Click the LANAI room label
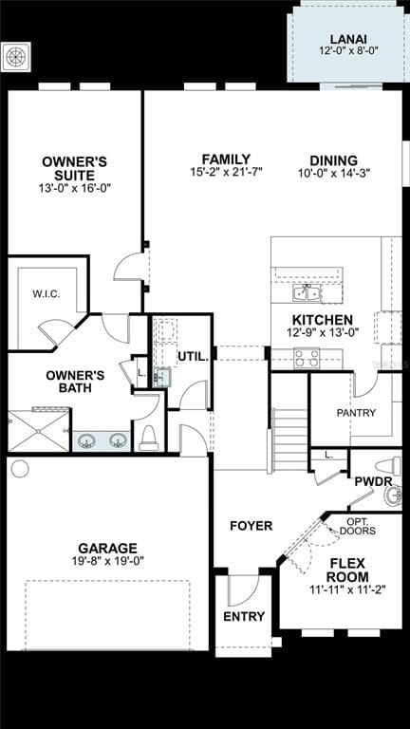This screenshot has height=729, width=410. [x=347, y=39]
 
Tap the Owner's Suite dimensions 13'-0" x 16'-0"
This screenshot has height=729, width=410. [x=75, y=188]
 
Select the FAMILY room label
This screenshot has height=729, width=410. [x=226, y=159]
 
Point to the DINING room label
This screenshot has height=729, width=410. [x=334, y=160]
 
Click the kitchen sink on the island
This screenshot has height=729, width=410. [x=307, y=293]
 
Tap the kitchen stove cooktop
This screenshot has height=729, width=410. [x=307, y=359]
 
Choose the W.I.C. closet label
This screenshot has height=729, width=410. [x=47, y=294]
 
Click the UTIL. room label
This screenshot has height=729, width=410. [x=193, y=357]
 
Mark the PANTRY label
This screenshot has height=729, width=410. [x=357, y=412]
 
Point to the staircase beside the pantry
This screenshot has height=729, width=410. [x=289, y=433]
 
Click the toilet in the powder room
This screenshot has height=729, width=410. [x=388, y=465]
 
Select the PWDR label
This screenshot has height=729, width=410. [x=373, y=481]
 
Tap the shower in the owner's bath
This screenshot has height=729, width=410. [x=39, y=431]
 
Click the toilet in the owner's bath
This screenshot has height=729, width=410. [x=149, y=439]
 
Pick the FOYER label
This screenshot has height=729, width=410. [x=251, y=526]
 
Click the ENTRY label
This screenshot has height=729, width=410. [x=244, y=616]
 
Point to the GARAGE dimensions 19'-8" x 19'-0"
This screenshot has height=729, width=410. [x=108, y=561]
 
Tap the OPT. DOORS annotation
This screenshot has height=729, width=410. [x=358, y=526]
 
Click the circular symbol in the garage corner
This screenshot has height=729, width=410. [x=20, y=469]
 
